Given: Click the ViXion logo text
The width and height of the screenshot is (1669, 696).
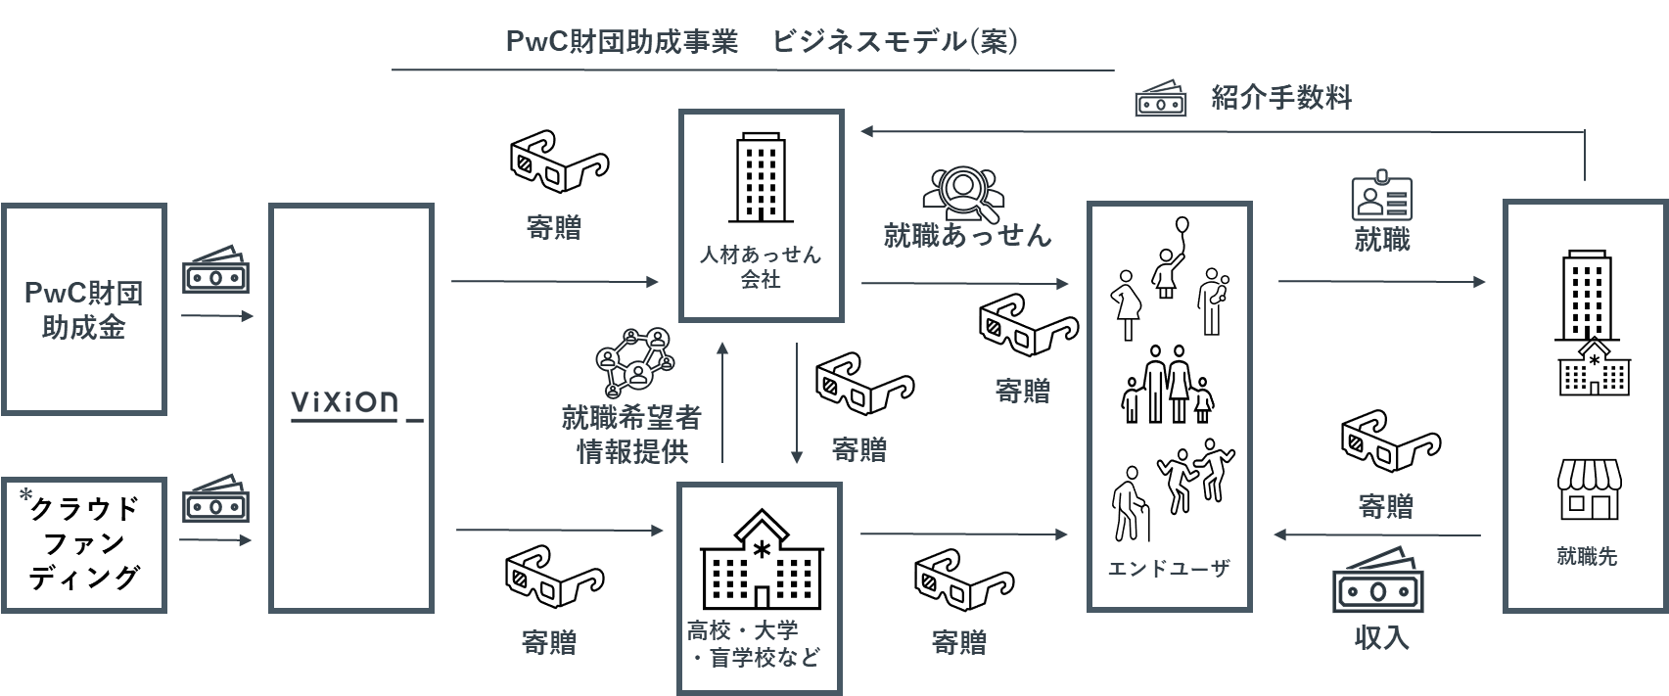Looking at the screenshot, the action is [x=345, y=402].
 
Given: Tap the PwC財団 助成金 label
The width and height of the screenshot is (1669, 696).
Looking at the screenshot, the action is [x=83, y=310].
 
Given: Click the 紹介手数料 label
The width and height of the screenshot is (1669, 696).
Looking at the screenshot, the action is [x=1280, y=98].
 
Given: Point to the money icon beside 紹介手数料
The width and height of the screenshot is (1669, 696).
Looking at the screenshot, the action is [x=1160, y=98].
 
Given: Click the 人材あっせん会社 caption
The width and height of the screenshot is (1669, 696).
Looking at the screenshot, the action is [x=760, y=267].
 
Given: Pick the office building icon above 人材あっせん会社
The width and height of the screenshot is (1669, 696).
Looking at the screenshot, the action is [x=761, y=177].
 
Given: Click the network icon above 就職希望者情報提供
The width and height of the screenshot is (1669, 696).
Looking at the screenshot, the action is [x=635, y=362].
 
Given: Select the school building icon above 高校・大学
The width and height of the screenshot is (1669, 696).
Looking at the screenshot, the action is [x=762, y=558].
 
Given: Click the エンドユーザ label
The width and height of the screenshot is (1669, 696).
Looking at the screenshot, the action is [x=1169, y=569].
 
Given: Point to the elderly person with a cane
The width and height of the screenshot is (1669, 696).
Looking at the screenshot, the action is [x=1131, y=504].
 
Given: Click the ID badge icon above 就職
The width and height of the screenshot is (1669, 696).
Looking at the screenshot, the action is [x=1382, y=195].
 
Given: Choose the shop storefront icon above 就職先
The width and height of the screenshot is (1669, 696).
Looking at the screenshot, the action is [x=1590, y=489].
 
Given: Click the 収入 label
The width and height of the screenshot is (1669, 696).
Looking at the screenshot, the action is [x=1381, y=638].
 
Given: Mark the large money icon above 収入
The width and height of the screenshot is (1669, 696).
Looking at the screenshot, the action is [x=1377, y=580].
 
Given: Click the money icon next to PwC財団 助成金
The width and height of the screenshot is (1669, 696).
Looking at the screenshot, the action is [x=216, y=270].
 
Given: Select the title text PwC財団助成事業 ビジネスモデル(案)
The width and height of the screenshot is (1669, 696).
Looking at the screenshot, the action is [x=762, y=42].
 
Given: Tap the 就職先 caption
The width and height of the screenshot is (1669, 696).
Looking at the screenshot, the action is [x=1587, y=556].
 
